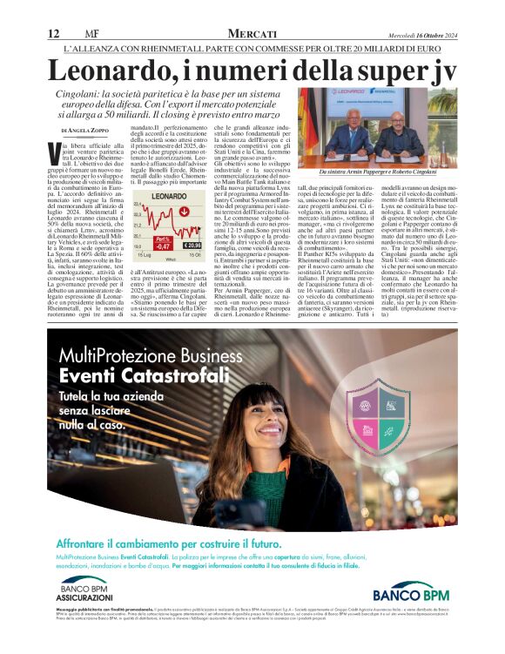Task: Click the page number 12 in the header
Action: (53, 32)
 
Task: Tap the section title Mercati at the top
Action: (252, 32)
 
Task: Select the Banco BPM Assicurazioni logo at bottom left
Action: (84, 591)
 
